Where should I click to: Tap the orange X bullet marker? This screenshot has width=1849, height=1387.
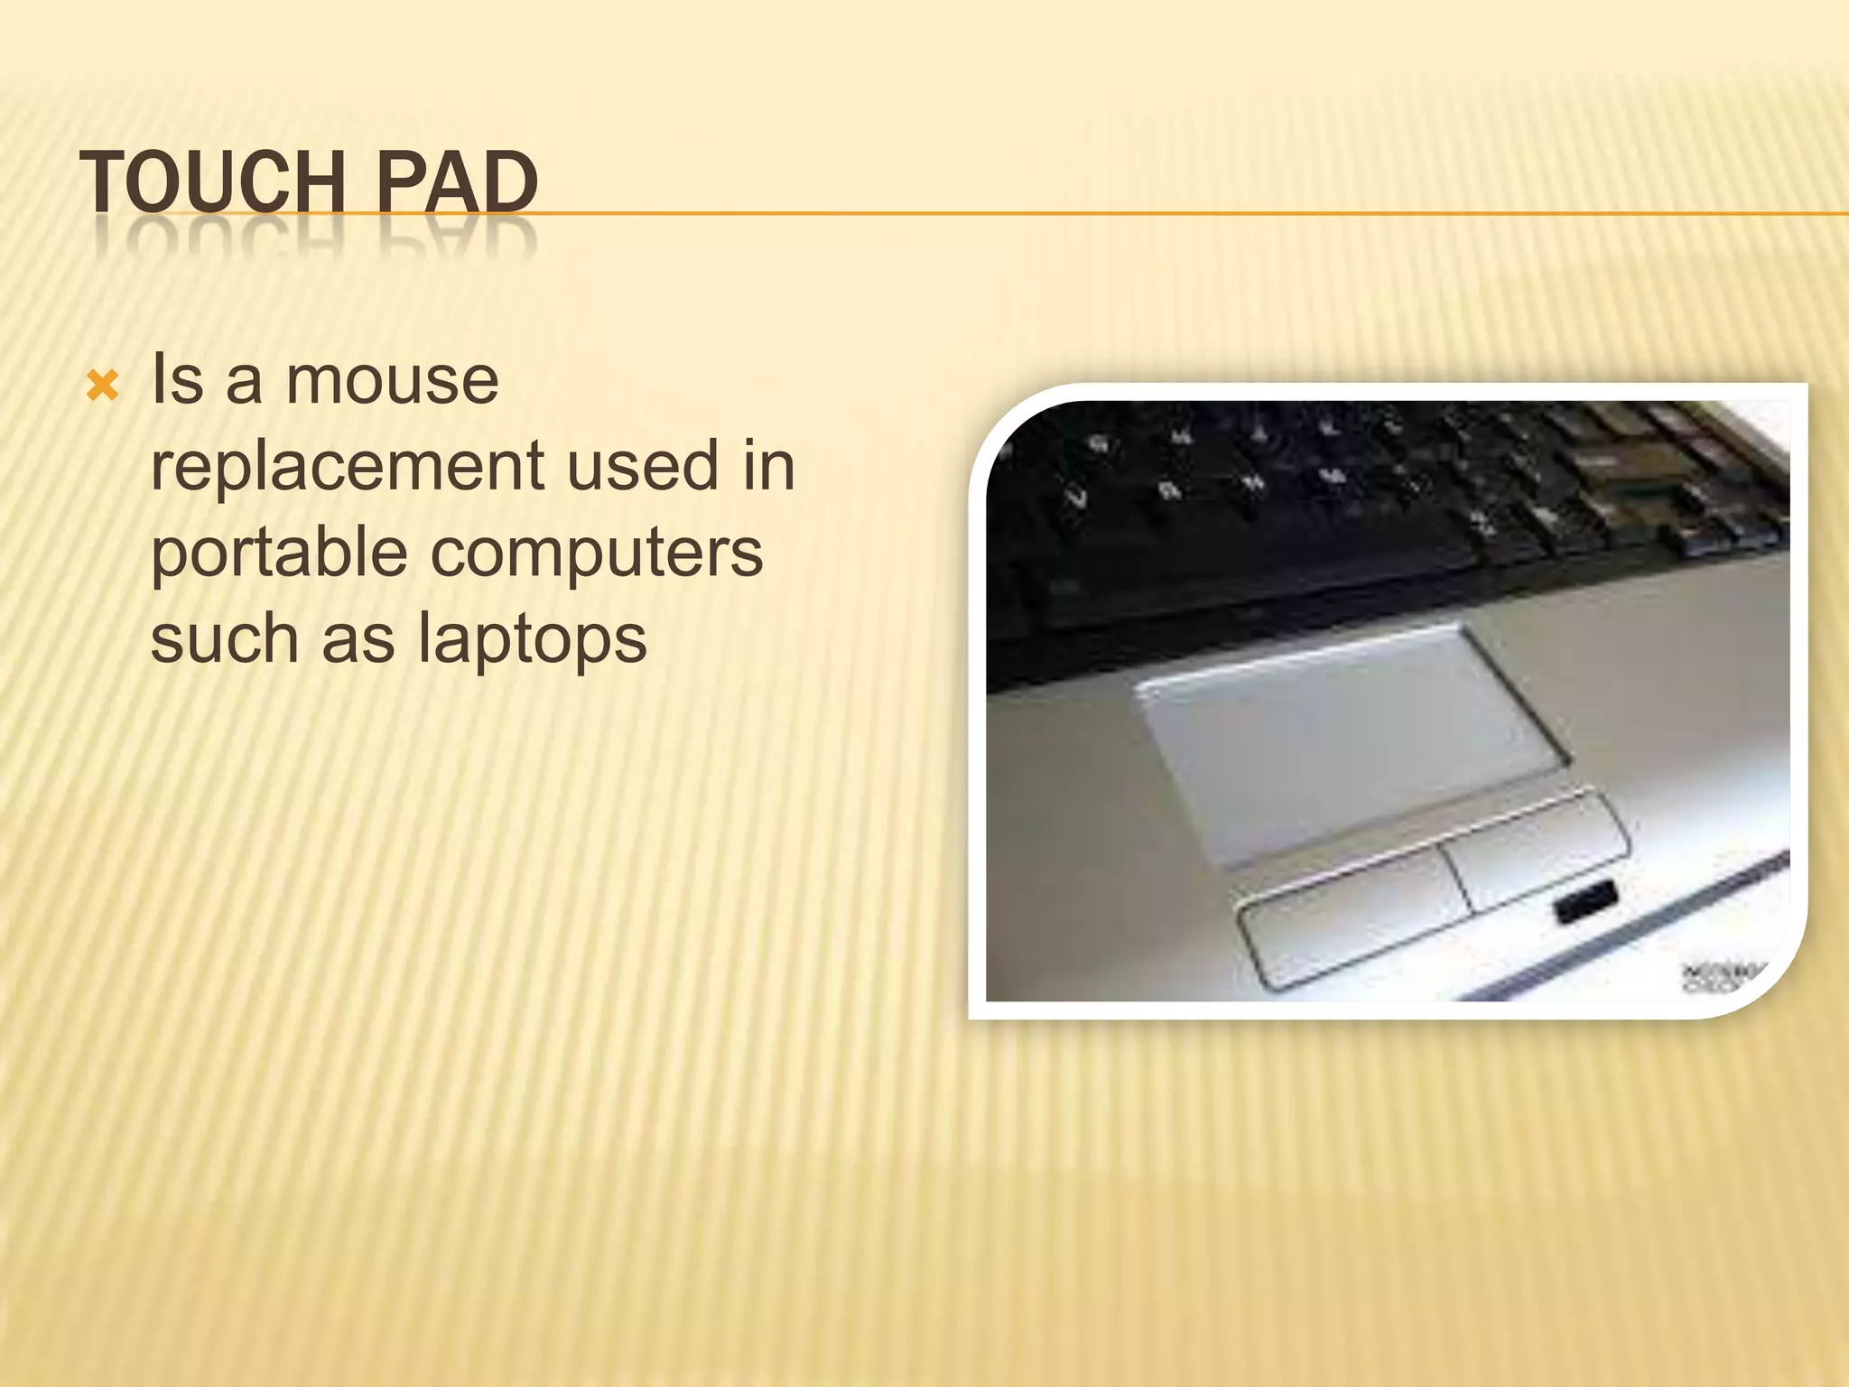[101, 387]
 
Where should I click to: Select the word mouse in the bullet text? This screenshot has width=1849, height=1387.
[392, 380]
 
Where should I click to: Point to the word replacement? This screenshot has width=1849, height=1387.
[347, 467]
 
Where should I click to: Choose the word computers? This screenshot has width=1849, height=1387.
[597, 553]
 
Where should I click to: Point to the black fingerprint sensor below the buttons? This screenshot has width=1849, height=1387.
[1585, 904]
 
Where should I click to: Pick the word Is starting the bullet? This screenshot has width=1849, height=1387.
[178, 380]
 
